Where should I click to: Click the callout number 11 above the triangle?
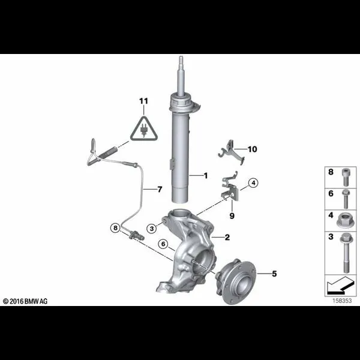(144, 101)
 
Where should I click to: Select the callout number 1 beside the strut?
(206, 176)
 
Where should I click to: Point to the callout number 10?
(253, 149)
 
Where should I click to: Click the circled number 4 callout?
(253, 183)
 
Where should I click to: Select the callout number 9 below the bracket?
(232, 216)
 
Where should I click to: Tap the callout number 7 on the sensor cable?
(160, 190)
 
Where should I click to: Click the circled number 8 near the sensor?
(115, 228)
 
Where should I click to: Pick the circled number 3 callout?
(152, 229)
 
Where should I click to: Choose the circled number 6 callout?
(163, 244)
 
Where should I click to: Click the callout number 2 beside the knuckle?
(227, 237)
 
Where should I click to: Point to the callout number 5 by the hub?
(274, 274)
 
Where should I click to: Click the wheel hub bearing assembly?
(235, 281)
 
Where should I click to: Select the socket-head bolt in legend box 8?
(346, 177)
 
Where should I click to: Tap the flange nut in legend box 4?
(344, 221)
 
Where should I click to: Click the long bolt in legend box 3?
(346, 253)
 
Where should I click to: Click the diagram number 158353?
(342, 301)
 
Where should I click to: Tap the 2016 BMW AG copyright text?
(25, 301)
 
